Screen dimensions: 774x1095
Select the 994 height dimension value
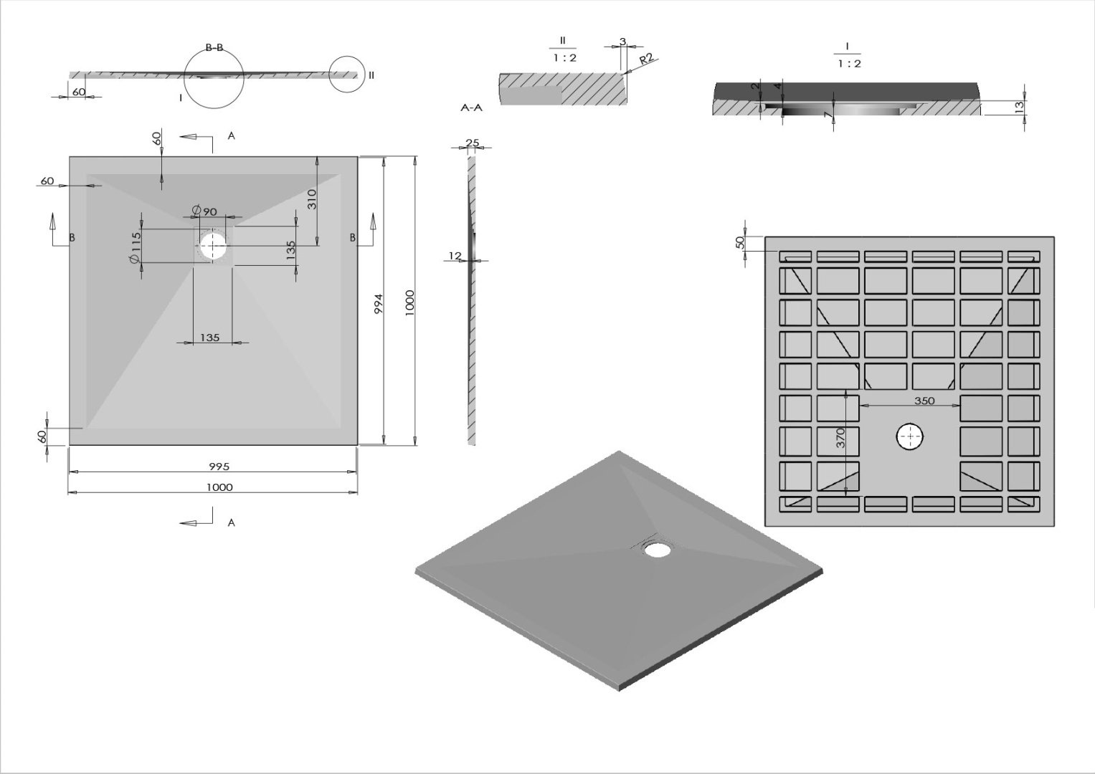(379, 304)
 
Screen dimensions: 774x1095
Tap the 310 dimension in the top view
(312, 199)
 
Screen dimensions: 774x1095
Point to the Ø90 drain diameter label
(204, 211)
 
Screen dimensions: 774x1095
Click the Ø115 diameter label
(136, 248)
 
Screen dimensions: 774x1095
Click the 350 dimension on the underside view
(924, 401)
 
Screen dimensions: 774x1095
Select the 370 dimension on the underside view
(841, 438)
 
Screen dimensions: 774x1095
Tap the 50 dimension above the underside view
(741, 242)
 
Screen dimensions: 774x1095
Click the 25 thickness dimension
(472, 143)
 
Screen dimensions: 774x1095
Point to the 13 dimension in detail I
(1018, 107)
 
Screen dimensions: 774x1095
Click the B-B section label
(214, 48)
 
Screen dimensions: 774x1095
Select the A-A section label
(471, 108)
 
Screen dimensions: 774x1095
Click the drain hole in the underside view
(910, 436)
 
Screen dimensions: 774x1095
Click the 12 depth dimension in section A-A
(455, 256)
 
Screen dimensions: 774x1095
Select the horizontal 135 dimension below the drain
(209, 338)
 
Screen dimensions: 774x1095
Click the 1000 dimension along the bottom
(219, 487)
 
